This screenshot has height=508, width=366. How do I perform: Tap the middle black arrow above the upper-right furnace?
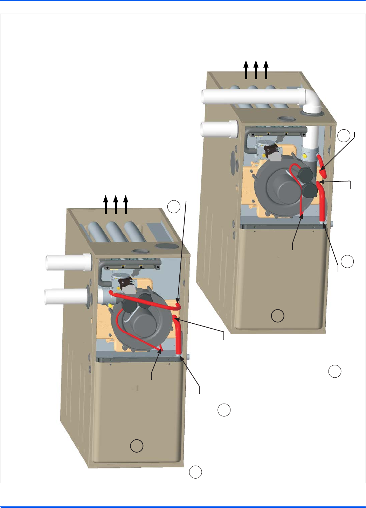(x=256, y=70)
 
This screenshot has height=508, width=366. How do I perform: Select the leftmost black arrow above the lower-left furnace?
(x=106, y=205)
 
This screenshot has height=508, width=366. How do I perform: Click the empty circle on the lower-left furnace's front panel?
(x=137, y=446)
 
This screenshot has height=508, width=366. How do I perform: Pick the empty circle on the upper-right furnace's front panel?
(x=278, y=316)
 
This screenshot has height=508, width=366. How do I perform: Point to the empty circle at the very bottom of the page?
(x=195, y=472)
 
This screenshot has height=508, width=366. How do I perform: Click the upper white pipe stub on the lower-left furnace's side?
(x=69, y=262)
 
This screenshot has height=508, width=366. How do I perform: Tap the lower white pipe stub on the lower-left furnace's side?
(x=67, y=296)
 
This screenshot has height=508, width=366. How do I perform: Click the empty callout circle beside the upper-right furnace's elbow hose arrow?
(x=344, y=136)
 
